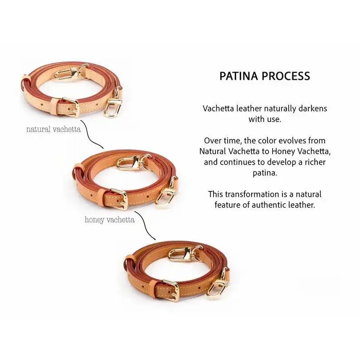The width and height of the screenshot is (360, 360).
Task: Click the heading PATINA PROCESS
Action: coord(265,76)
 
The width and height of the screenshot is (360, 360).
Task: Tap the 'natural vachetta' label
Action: coord(54,129)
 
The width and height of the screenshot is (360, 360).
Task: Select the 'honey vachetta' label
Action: coord(110,220)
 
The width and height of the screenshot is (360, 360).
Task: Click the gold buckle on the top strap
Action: coord(71,107)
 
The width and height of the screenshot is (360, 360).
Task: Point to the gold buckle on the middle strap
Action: coord(119,199)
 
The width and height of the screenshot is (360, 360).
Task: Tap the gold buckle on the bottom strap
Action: coord(170,290)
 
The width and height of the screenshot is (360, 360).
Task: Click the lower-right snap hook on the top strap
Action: coord(113,104)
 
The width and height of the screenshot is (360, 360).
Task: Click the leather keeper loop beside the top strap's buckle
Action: coord(55,107)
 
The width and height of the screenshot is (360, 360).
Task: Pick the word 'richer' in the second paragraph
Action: coord(315,162)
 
